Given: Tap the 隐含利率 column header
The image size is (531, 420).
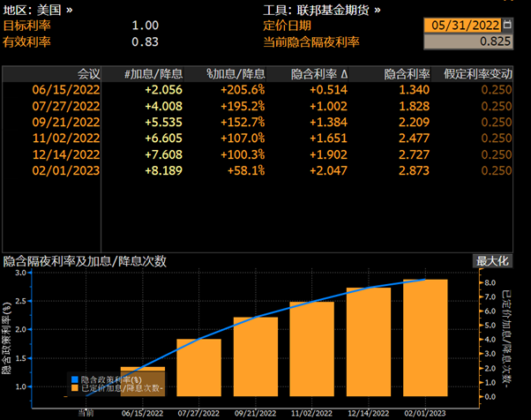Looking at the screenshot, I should tap(404, 73).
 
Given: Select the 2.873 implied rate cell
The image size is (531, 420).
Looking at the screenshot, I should tap(411, 170).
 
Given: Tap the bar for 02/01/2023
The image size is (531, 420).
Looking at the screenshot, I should tap(426, 340).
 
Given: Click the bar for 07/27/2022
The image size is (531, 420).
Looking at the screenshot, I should tap(198, 369).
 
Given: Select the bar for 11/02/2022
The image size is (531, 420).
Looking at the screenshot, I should tap(312, 350).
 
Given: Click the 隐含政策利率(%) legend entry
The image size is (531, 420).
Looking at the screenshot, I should tap(116, 379).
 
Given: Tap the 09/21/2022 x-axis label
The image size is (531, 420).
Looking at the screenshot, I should tap(256, 411).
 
